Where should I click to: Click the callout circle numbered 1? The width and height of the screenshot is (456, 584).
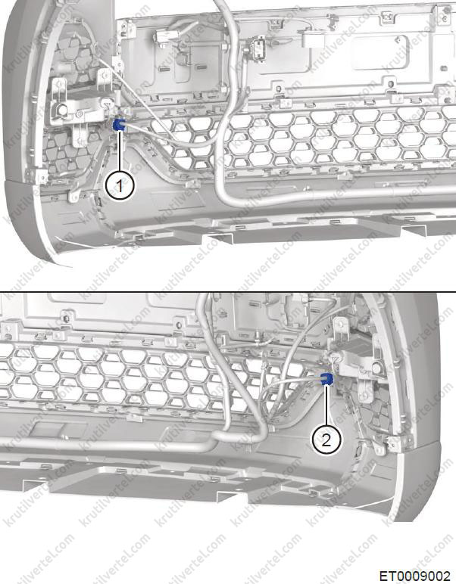(120, 185)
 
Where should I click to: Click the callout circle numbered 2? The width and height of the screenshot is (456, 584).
(326, 440)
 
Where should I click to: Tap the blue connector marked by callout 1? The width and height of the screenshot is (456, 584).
(120, 125)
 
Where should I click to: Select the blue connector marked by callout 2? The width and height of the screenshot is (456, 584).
(326, 379)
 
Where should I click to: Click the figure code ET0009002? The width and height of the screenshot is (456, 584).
(415, 576)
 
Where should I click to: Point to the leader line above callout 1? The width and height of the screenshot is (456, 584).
(120, 151)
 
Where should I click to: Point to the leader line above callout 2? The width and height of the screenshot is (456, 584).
(326, 405)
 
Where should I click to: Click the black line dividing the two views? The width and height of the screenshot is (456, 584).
(228, 292)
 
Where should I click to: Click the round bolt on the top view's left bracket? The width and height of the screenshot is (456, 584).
(62, 110)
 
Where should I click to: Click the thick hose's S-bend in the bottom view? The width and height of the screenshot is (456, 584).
(239, 434)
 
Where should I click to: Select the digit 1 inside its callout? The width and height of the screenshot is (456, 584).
(120, 185)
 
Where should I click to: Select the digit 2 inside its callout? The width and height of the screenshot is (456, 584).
(326, 440)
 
